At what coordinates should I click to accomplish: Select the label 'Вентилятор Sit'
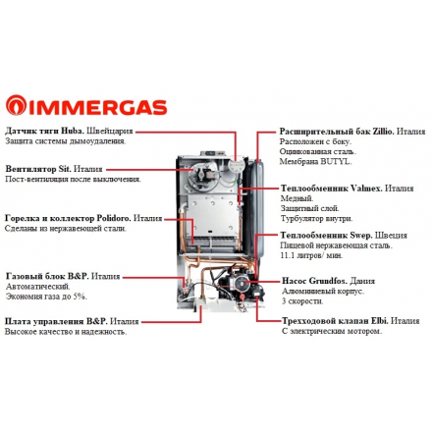point(40,170)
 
